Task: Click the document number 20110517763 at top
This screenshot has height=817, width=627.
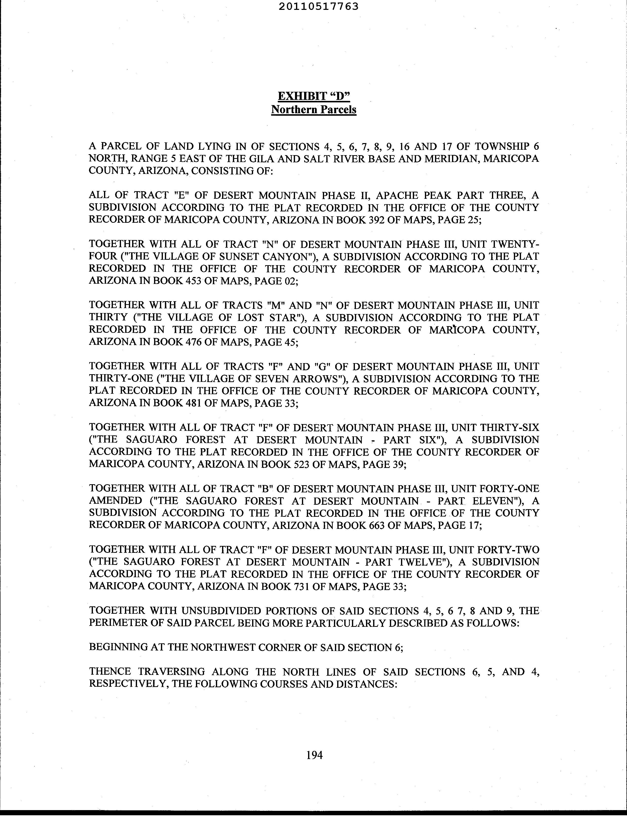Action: [x=318, y=6]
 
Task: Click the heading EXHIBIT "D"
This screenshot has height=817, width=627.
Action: [x=313, y=96]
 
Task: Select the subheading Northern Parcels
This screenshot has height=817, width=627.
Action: [x=313, y=110]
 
